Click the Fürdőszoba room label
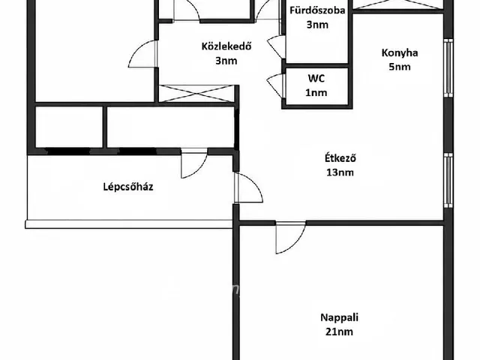click(x=317, y=10)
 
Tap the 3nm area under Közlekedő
click(x=226, y=61)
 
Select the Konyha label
click(x=400, y=53)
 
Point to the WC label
click(x=316, y=78)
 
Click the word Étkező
click(x=340, y=158)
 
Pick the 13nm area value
click(x=340, y=172)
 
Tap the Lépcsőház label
click(x=128, y=187)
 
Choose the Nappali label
click(x=339, y=317)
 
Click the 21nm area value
click(x=339, y=331)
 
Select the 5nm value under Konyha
click(x=400, y=67)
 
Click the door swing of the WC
click(x=276, y=86)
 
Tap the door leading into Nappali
click(x=290, y=237)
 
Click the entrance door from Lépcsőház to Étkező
click(x=248, y=187)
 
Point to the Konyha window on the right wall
click(x=448, y=68)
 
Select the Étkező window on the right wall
click(x=448, y=181)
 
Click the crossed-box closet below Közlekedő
click(x=196, y=94)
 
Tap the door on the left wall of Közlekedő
click(x=142, y=54)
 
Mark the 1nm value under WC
click(x=316, y=92)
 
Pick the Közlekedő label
click(x=226, y=46)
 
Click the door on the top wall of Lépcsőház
click(x=194, y=163)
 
